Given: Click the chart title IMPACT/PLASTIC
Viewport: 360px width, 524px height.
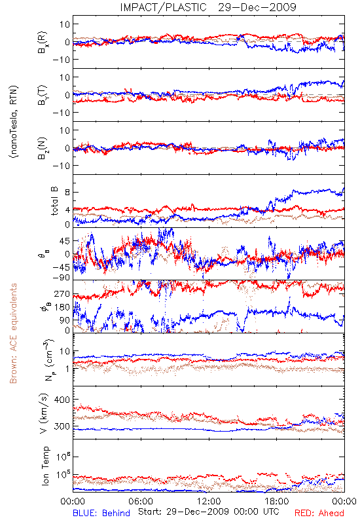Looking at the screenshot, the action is pyautogui.click(x=163, y=7).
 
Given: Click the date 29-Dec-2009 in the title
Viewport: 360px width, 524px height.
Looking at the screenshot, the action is pyautogui.click(x=257, y=7).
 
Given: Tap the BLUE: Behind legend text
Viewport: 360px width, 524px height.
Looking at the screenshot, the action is pyautogui.click(x=101, y=513).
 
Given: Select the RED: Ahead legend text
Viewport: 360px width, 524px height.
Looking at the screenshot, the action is pyautogui.click(x=319, y=513).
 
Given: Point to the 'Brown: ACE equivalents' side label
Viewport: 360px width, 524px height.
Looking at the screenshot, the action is pyautogui.click(x=13, y=333).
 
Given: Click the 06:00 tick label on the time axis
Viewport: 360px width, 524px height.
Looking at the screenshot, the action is pyautogui.click(x=141, y=501).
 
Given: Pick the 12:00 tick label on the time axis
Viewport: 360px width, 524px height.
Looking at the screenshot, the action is pyautogui.click(x=209, y=501).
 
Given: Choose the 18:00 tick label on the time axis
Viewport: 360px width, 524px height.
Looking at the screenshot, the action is pyautogui.click(x=277, y=501).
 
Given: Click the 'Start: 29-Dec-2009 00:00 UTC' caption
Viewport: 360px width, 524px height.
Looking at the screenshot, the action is pyautogui.click(x=209, y=512).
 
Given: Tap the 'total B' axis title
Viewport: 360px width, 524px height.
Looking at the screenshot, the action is pyautogui.click(x=54, y=201).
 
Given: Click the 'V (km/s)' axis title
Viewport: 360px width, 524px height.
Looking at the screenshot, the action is pyautogui.click(x=44, y=413).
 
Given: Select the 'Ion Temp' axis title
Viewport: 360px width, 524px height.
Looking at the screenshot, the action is pyautogui.click(x=45, y=466).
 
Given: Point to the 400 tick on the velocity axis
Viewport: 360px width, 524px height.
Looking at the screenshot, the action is pyautogui.click(x=62, y=400).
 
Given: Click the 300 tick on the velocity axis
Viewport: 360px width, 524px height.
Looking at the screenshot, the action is pyautogui.click(x=62, y=426).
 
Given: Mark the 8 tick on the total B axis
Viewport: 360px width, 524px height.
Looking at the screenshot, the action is pyautogui.click(x=67, y=192).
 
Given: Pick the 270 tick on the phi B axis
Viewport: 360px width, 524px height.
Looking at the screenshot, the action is pyautogui.click(x=62, y=294).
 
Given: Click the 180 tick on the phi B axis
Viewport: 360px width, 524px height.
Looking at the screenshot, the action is pyautogui.click(x=62, y=307).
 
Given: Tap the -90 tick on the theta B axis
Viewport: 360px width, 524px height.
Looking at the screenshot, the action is pyautogui.click(x=61, y=277).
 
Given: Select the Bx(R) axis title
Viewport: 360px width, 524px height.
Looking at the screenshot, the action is pyautogui.click(x=43, y=43).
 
